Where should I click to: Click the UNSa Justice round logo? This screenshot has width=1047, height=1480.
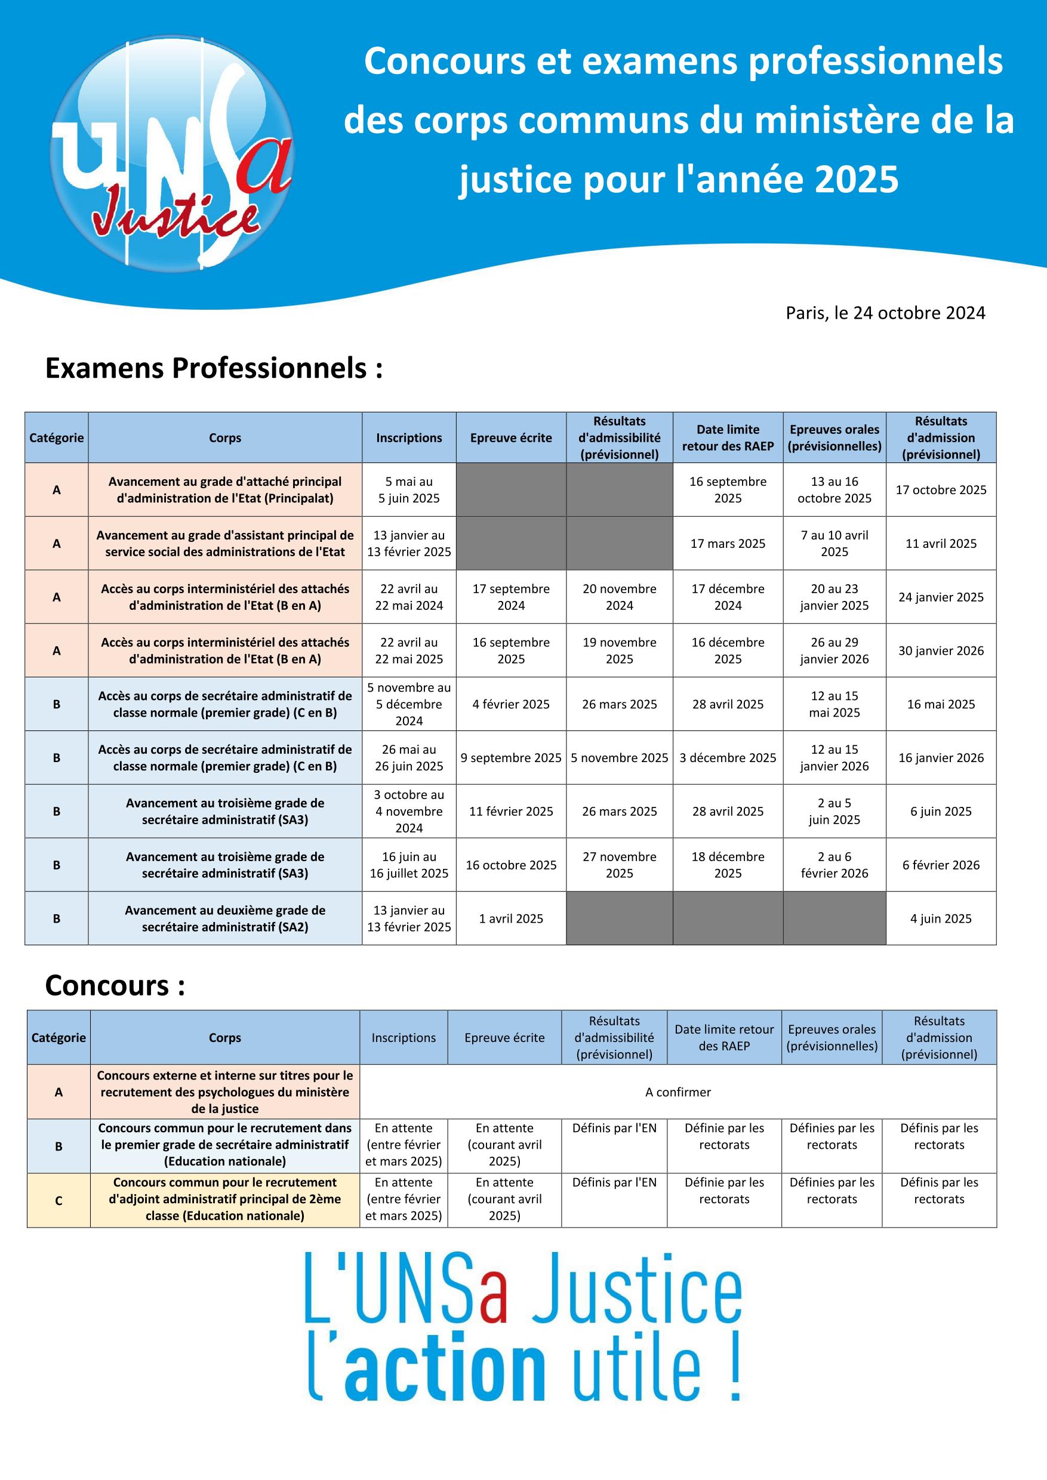tap(171, 153)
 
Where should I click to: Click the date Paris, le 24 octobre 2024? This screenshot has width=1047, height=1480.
tap(885, 313)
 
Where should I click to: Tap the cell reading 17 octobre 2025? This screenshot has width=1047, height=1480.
tap(941, 490)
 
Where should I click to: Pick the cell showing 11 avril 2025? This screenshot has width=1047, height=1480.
tap(941, 544)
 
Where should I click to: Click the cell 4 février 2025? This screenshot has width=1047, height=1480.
tap(510, 704)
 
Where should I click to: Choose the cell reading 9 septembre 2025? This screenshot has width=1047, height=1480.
tap(510, 757)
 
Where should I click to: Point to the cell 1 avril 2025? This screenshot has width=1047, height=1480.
tap(510, 918)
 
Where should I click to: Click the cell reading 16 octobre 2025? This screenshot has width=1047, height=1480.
tap(510, 865)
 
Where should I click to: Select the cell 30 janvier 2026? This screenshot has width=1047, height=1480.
tap(941, 650)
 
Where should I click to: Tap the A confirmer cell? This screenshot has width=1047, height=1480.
tap(678, 1092)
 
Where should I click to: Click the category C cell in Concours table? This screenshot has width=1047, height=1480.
tap(58, 1200)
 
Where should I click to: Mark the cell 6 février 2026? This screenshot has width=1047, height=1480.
tap(941, 865)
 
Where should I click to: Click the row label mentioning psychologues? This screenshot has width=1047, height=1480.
tap(225, 1092)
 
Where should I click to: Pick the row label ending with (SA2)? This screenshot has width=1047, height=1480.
tap(225, 918)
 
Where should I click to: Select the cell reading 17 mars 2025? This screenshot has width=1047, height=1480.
tap(727, 544)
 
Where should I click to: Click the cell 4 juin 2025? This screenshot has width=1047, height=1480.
tap(941, 918)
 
